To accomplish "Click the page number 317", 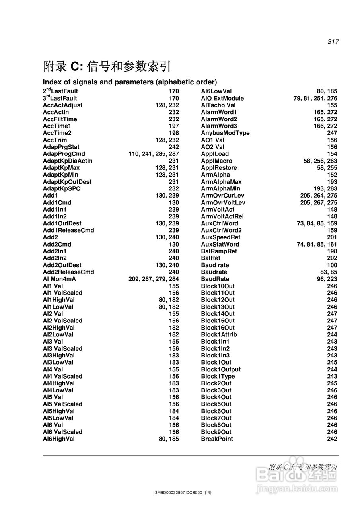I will tap(333, 41).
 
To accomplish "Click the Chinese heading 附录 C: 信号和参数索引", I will tap(107, 66).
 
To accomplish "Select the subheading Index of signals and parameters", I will tap(130, 82).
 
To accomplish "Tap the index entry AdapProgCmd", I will tap(64, 154).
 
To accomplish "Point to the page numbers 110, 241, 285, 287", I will tap(154, 154).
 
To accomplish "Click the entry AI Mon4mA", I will tap(59, 279).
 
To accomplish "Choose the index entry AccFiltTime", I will tap(60, 119).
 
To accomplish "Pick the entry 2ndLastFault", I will tap(60, 91).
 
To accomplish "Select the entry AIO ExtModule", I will tap(222, 98).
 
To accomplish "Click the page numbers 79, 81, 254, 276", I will tap(315, 98).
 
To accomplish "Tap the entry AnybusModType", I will tap(225, 133).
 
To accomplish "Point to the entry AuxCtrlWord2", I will tap(221, 230).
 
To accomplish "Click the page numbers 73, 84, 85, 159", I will tap(317, 223).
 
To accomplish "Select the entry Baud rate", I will tap(215, 265).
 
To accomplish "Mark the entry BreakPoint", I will tap(217, 439).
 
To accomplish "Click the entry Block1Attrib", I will tap(219, 335).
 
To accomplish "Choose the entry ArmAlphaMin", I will tap(221, 189).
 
